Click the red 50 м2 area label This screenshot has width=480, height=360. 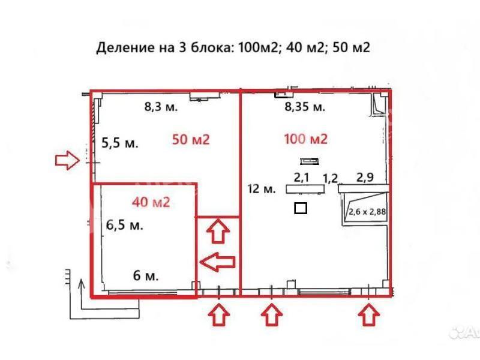click(191, 140)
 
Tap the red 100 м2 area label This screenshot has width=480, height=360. click(306, 139)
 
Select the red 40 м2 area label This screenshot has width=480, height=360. click(151, 202)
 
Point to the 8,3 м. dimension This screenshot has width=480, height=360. click(161, 107)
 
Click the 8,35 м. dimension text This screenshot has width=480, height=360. click(305, 107)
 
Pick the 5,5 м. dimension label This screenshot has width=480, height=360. click(120, 143)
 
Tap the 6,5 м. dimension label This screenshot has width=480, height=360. click(125, 225)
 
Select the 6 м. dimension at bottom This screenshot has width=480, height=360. click(146, 276)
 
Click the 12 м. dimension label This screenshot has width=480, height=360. click(262, 188)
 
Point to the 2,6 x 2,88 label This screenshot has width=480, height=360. click(367, 212)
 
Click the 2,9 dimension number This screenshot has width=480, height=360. click(365, 177)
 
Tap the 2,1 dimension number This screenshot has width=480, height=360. click(302, 177)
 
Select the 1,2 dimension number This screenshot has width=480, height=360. click(331, 178)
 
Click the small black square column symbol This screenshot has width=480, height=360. click(301, 208)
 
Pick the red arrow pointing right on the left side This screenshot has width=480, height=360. click(67, 160)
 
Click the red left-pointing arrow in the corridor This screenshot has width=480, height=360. click(217, 262)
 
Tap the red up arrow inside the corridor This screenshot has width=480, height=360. click(218, 231)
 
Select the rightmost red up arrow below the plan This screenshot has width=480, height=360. click(369, 314)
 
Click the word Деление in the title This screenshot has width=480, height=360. click(125, 48)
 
